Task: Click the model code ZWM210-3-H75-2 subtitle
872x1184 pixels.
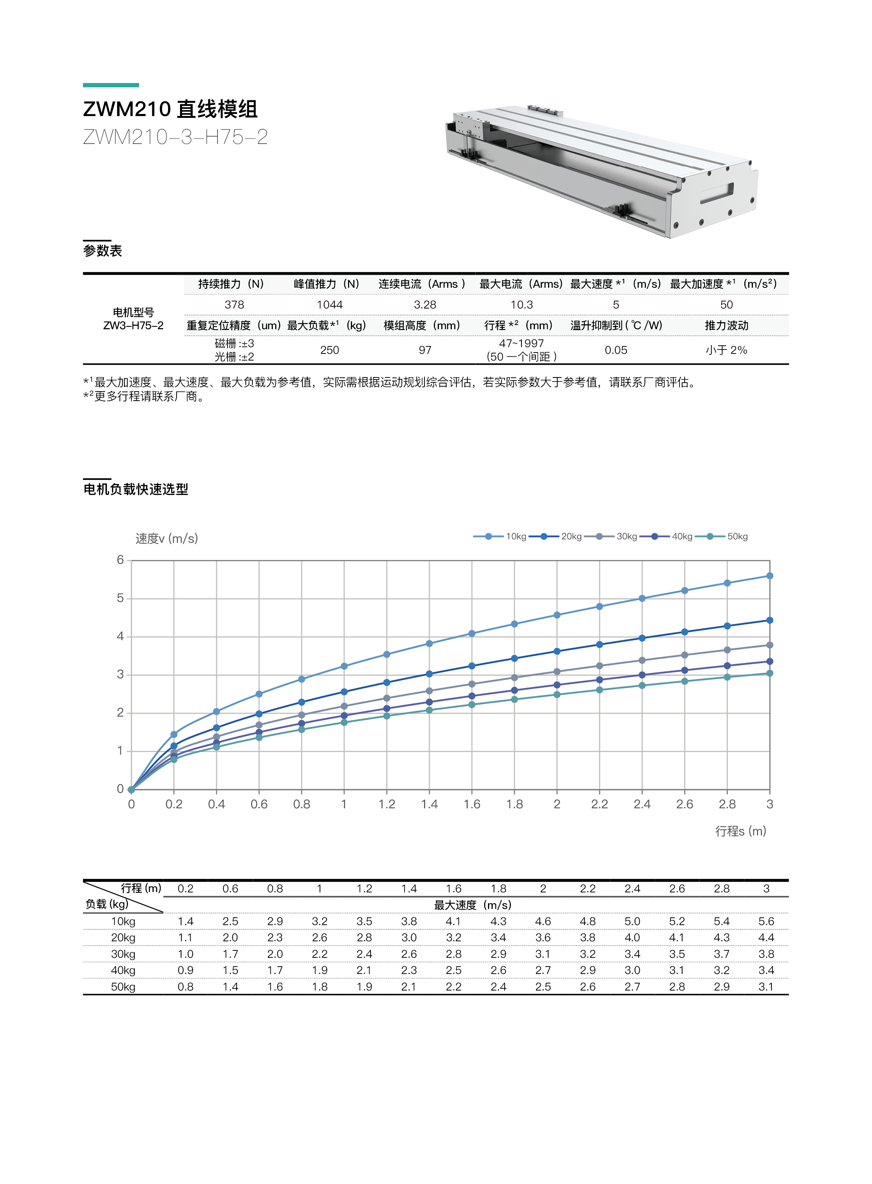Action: coord(175,137)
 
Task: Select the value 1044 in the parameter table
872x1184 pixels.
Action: coord(329,305)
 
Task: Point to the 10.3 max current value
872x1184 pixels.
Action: coord(521,305)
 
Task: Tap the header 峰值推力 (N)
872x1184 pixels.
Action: coord(326,284)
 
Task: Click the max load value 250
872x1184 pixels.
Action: coord(329,350)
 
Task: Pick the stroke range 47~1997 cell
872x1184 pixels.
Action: coord(521,344)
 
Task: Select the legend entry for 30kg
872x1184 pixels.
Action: coord(626,536)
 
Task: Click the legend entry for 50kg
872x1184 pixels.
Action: coord(737,536)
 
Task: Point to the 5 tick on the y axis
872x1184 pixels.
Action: coord(120,598)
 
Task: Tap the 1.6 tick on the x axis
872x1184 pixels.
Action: coord(472,804)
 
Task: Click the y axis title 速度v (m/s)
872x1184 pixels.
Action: coord(166,539)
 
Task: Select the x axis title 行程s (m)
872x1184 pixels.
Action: coord(740,831)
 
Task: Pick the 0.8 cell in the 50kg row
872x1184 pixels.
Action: coord(185,987)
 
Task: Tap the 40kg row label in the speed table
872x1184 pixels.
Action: coord(123,970)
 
